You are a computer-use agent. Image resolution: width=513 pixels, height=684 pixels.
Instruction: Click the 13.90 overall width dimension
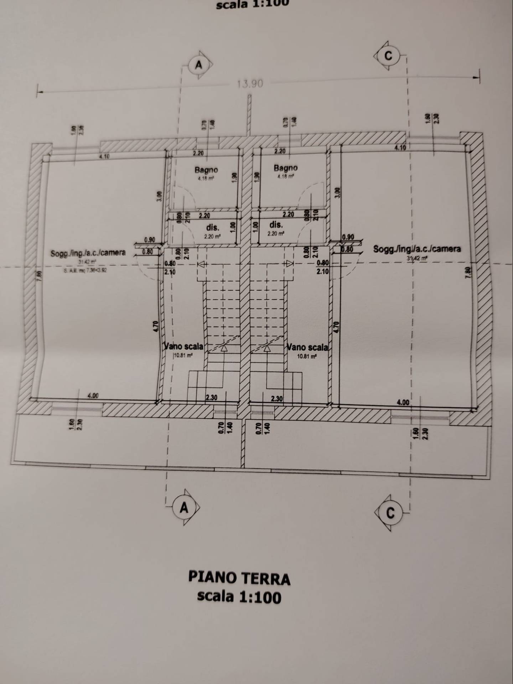tap(250, 84)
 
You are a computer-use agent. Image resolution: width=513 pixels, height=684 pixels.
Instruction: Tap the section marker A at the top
tap(199, 65)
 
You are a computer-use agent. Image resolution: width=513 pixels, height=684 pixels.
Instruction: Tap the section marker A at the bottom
tap(184, 507)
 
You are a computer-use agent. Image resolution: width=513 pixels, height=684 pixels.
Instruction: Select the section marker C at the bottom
tap(390, 513)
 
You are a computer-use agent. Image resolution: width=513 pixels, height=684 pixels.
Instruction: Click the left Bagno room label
tap(206, 170)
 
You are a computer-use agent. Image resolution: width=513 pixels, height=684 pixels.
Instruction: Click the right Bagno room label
tap(286, 168)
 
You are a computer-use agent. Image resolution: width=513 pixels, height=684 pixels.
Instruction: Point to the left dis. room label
tap(213, 227)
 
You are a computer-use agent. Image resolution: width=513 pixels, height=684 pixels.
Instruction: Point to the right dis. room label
tap(276, 225)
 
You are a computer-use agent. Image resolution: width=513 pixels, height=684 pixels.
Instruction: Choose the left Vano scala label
tap(184, 346)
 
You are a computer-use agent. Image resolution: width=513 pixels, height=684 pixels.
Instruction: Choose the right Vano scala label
tap(307, 347)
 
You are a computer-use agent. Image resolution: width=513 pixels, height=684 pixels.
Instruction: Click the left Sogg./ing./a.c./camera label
tap(88, 253)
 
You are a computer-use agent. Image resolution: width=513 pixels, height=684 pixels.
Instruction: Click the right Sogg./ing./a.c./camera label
tap(417, 249)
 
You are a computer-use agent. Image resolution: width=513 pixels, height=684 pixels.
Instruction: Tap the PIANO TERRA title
tap(239, 579)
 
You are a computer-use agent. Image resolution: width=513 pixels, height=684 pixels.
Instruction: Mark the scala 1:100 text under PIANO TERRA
tap(239, 596)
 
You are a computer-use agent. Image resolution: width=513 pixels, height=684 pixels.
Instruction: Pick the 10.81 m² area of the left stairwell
tap(183, 355)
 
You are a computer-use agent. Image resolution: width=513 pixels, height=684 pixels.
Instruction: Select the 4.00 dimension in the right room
tap(403, 402)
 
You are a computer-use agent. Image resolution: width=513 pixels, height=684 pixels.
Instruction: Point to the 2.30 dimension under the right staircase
tap(276, 399)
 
